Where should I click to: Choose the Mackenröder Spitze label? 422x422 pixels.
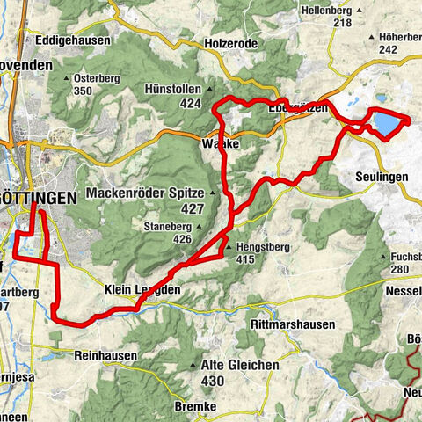pyautogui.click(x=146, y=193)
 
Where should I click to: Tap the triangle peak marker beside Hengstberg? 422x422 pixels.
pyautogui.click(x=229, y=248)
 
